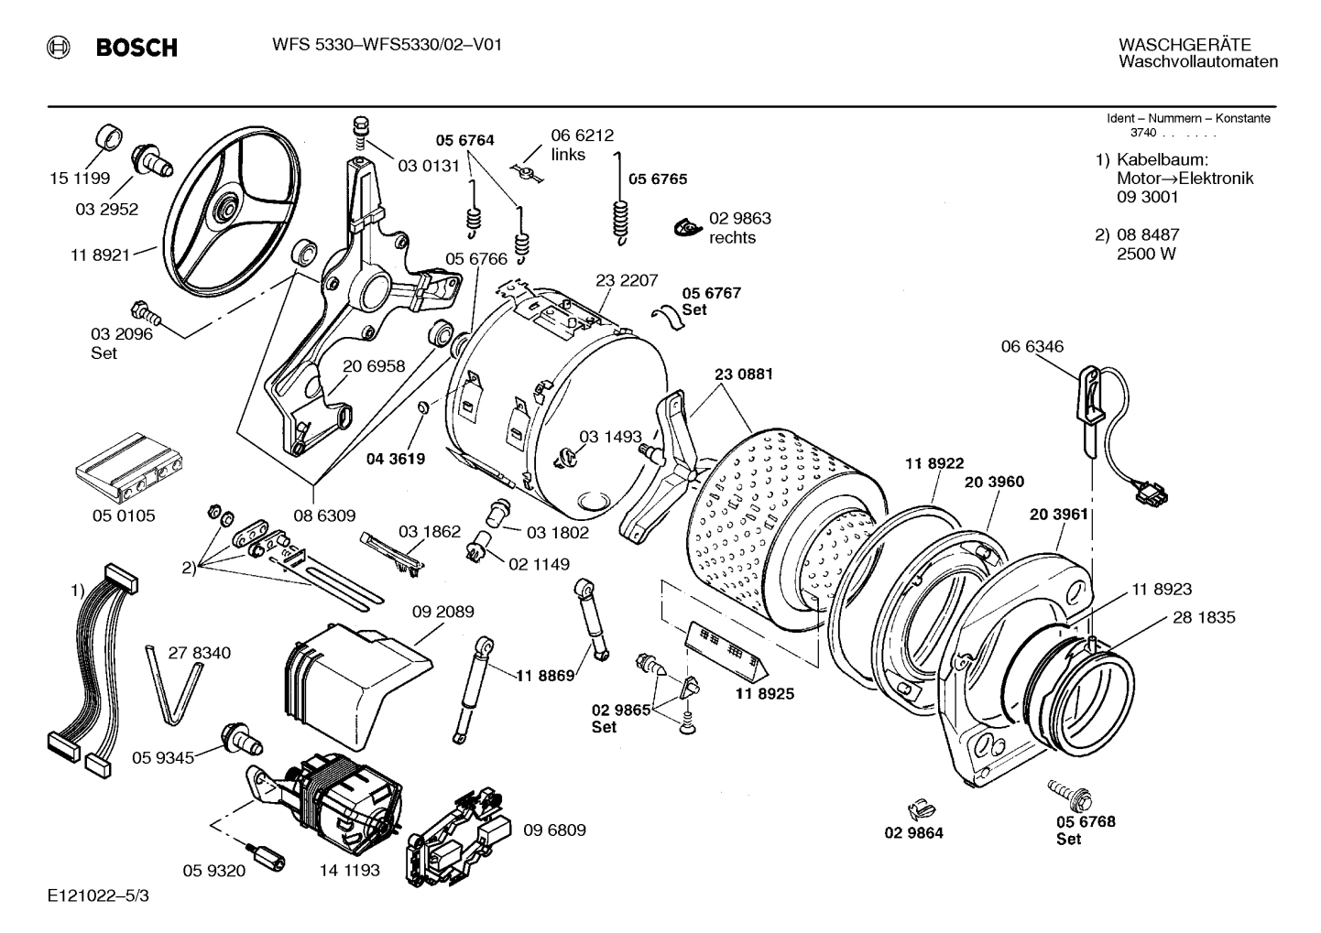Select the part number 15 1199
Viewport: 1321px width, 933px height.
80,179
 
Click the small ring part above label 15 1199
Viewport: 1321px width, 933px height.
109,137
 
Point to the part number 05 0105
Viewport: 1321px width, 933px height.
124,515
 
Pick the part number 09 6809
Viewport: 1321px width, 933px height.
554,830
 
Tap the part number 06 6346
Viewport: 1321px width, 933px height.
1032,346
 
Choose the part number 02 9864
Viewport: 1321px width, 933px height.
913,832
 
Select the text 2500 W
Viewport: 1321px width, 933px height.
1145,255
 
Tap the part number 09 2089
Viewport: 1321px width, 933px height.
442,612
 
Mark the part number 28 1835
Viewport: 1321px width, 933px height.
1204,617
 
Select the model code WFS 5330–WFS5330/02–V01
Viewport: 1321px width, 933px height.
386,45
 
